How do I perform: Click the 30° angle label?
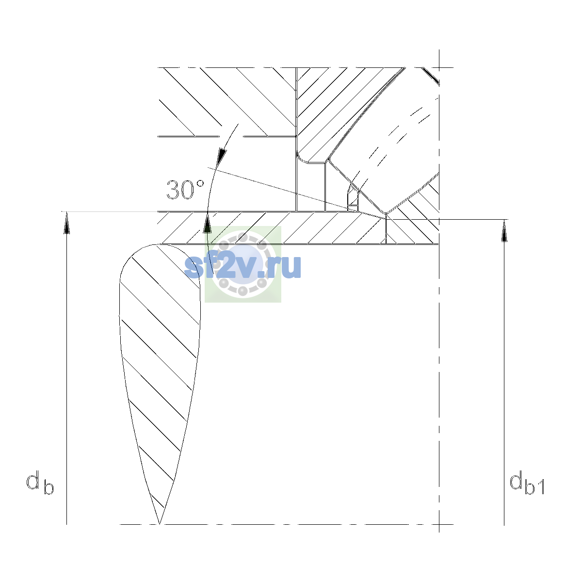coord(185,190)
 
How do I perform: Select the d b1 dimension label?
coord(526,484)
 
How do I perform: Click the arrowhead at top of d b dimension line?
coord(66,223)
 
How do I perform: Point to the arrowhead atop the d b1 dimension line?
coord(504,231)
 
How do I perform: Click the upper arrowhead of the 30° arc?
coord(221,157)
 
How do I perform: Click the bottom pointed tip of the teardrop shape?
coord(159,524)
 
